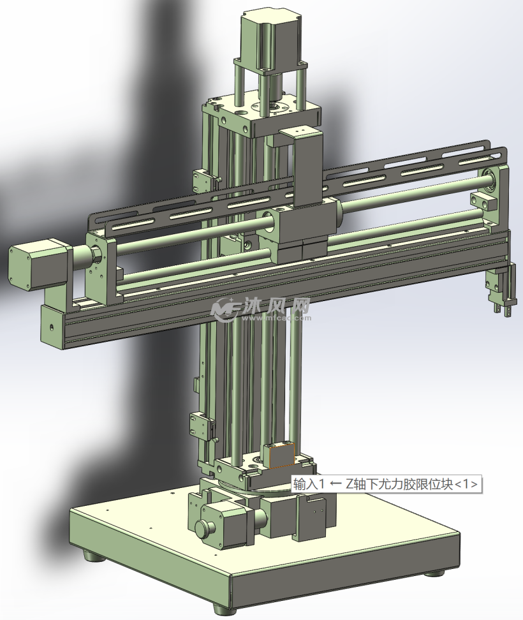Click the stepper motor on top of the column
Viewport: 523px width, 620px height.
pyautogui.click(x=271, y=39)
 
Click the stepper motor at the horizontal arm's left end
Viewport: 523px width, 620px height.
pyautogui.click(x=40, y=263)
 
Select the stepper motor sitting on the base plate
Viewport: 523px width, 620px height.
pyautogui.click(x=223, y=522)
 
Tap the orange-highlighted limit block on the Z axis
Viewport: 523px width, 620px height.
pyautogui.click(x=281, y=456)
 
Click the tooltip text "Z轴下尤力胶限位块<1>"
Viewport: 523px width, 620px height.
pyautogui.click(x=411, y=483)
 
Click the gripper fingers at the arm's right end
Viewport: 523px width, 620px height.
pyautogui.click(x=501, y=289)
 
